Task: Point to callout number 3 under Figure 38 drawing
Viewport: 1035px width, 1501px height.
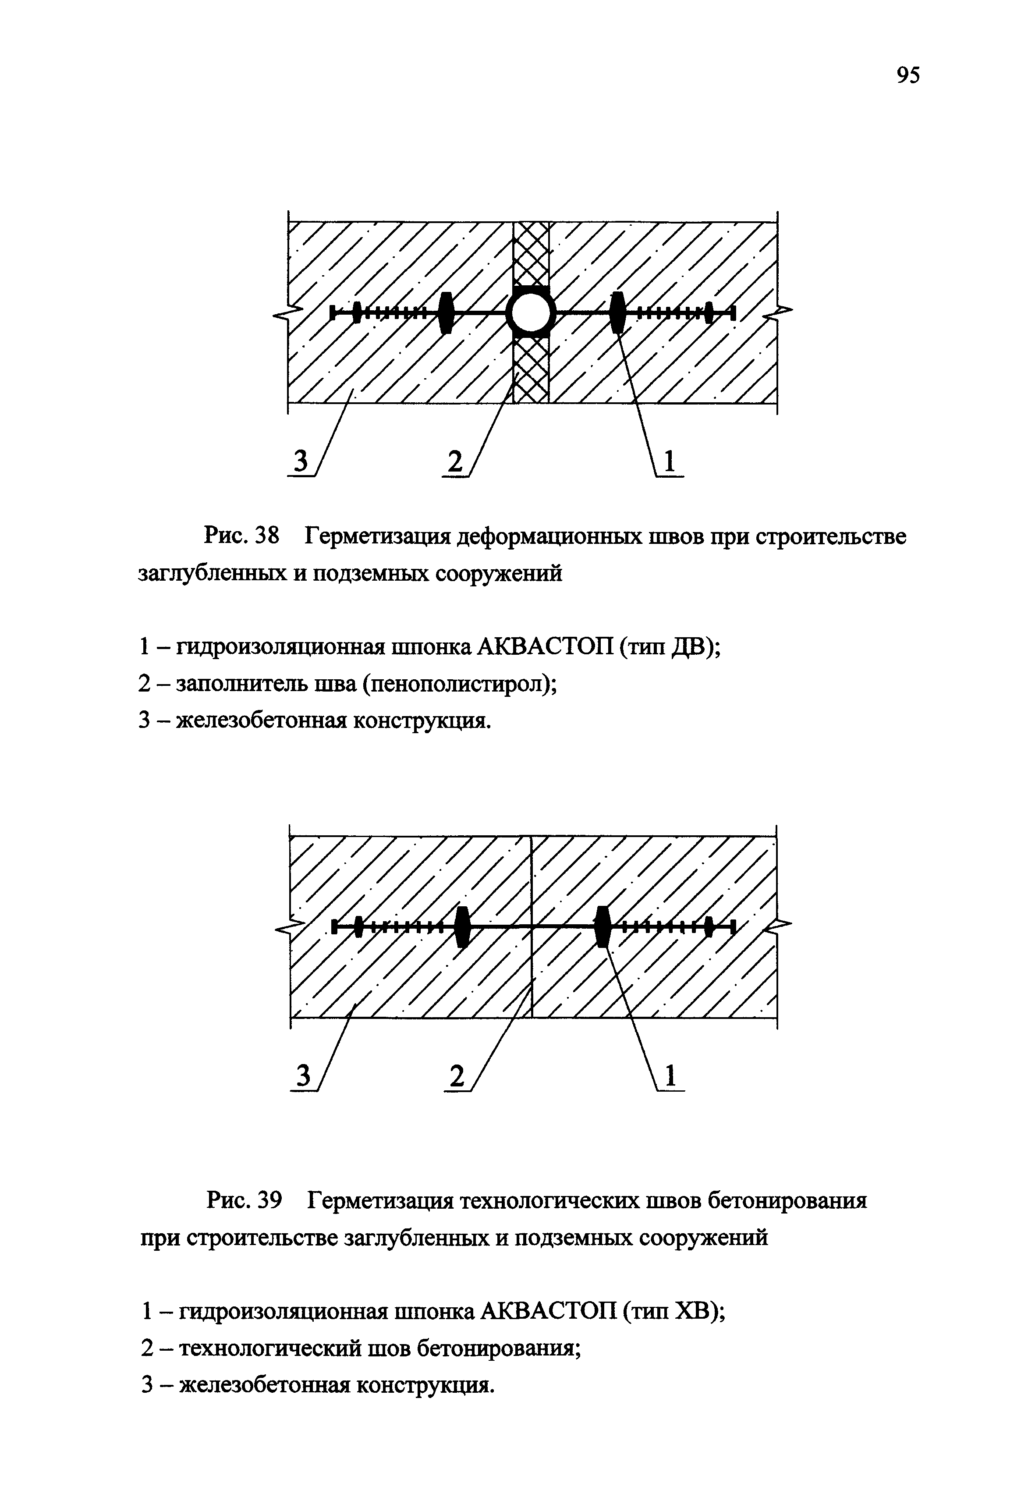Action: [x=300, y=462]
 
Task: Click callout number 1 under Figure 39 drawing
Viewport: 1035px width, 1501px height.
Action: [x=670, y=1077]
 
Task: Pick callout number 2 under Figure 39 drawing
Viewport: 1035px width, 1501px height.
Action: [x=457, y=1077]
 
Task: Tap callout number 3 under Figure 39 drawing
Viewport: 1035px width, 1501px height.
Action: [x=301, y=1077]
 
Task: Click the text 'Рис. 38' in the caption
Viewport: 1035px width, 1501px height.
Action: [x=241, y=537]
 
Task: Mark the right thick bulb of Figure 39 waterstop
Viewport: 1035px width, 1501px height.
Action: [x=603, y=927]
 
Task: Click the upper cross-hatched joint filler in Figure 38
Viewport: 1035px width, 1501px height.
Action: [x=531, y=253]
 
